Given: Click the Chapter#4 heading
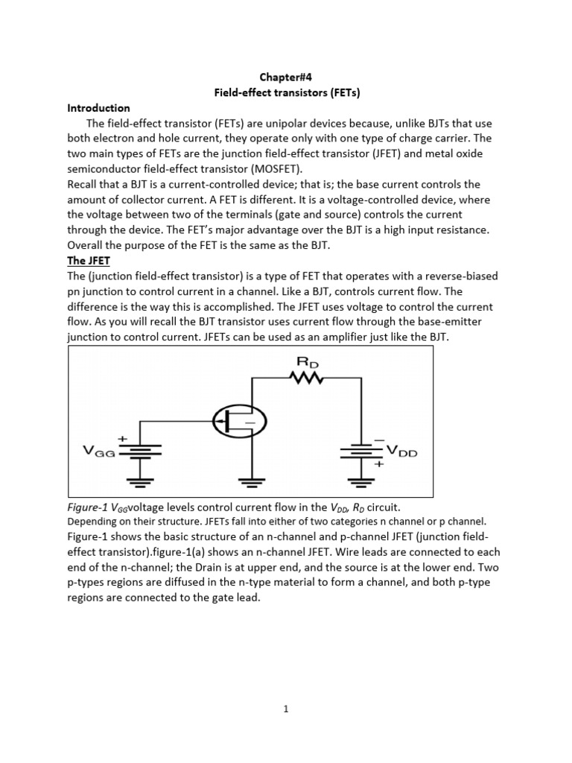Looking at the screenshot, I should pos(286,77).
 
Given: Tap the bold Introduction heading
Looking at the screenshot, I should pos(98,107).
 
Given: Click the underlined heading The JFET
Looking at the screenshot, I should pos(88,261).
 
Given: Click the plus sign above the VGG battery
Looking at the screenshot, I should pos(122,438).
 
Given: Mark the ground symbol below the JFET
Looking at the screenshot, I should pos(252,480).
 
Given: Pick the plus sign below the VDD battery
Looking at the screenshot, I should pos(378,463).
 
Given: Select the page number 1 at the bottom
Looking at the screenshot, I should pos(286,709).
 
